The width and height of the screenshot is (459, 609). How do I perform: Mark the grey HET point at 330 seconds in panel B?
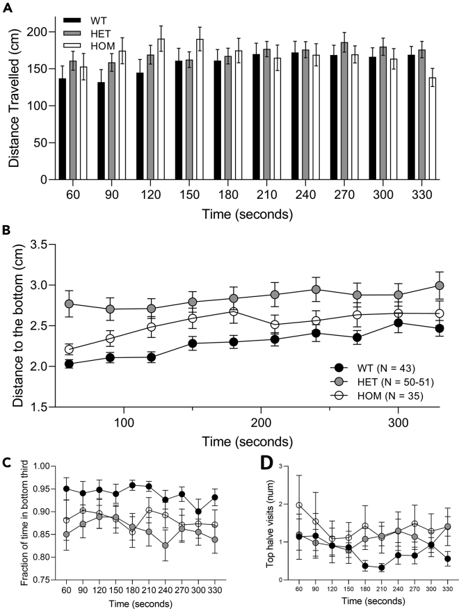point(439,286)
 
